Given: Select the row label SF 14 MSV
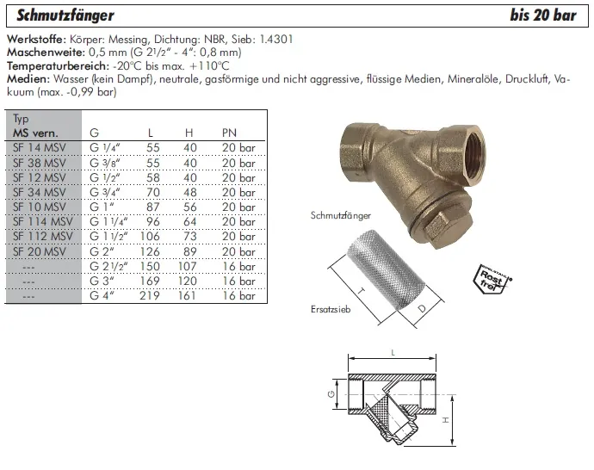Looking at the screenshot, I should [39, 147].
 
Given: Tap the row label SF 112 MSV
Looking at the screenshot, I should [42, 236].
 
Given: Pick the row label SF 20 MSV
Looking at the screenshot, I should [39, 250].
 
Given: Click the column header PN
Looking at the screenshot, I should [230, 133].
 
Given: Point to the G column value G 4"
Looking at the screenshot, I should [102, 295].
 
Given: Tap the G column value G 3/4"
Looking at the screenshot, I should [106, 192].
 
